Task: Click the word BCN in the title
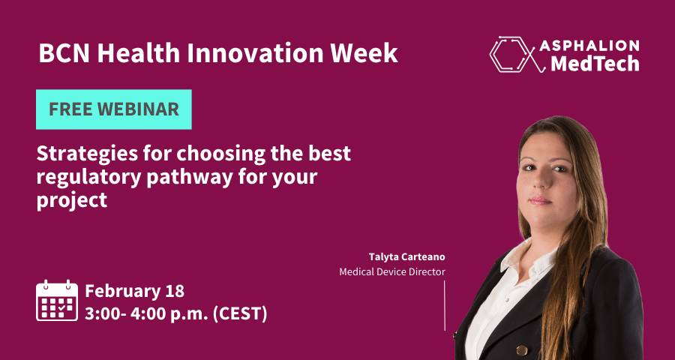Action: (x=65, y=53)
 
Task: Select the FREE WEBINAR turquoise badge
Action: (x=114, y=109)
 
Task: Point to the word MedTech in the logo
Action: (x=595, y=64)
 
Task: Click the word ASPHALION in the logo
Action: (x=589, y=46)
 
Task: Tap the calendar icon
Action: (x=57, y=301)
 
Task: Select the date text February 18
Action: (x=135, y=291)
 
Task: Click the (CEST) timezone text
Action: (x=240, y=314)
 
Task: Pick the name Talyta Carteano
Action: (x=406, y=257)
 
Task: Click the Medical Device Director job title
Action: (x=392, y=272)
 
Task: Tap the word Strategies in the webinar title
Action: (x=88, y=155)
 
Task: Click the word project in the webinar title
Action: (x=72, y=201)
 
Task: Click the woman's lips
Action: (x=541, y=201)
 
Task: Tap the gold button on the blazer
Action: (x=522, y=349)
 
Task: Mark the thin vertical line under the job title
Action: (x=445, y=306)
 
